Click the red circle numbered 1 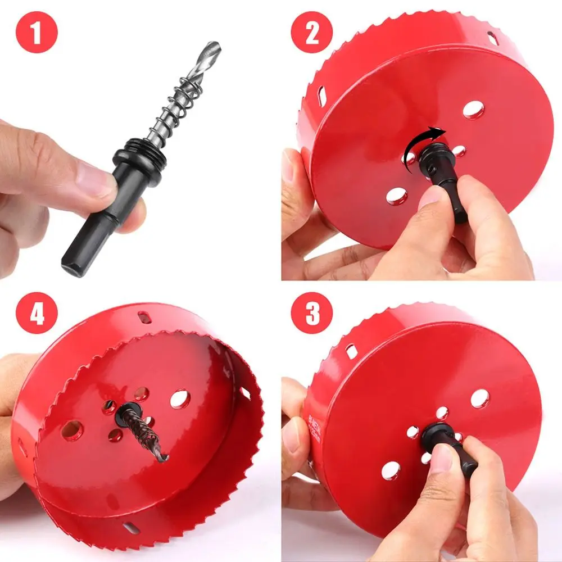point(37,33)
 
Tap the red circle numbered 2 point(312,32)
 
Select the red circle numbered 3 point(312,314)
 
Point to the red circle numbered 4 point(37,314)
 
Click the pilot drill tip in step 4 point(162,458)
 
